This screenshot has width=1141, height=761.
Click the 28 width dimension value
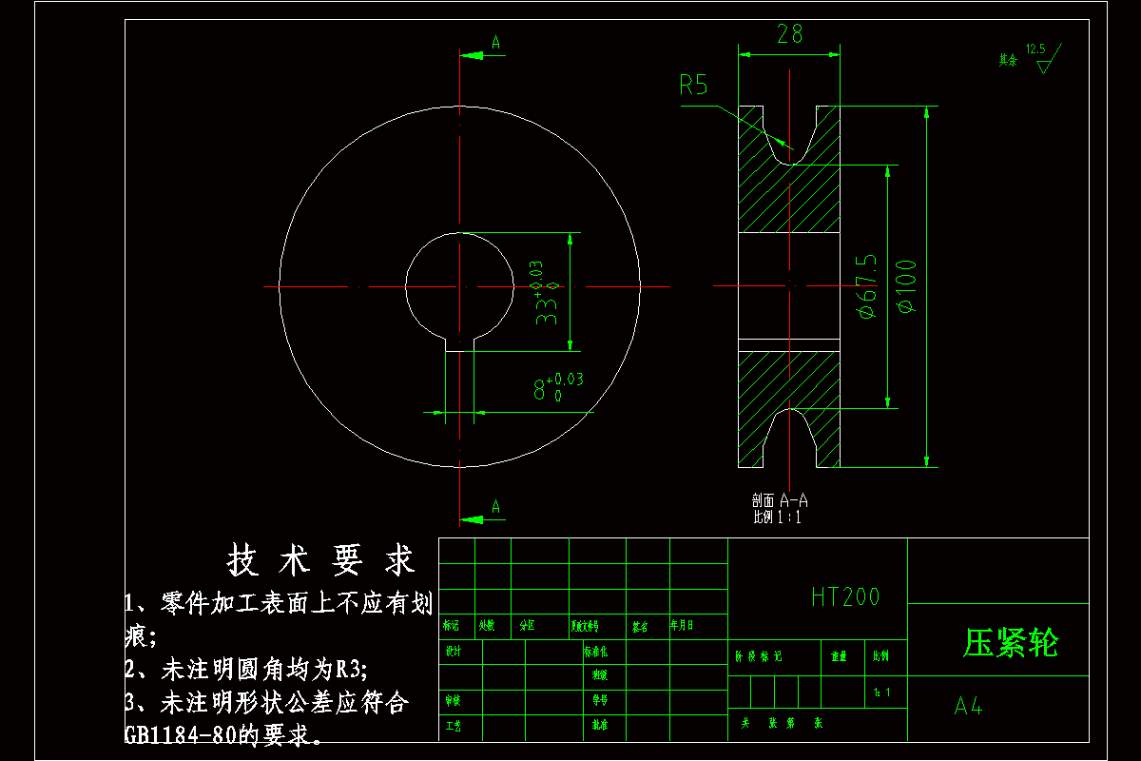[790, 34]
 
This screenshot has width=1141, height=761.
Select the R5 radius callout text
[693, 86]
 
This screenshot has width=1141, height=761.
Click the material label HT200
[845, 597]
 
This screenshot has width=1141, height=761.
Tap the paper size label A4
[969, 707]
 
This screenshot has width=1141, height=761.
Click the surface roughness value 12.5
[1035, 48]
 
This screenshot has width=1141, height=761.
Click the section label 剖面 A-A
[779, 499]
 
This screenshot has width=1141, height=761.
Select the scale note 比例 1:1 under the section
[777, 517]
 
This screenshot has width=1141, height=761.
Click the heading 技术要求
[322, 561]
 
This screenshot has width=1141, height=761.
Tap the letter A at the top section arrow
[495, 42]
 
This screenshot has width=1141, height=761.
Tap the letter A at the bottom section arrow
[495, 507]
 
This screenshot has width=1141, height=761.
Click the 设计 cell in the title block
[454, 652]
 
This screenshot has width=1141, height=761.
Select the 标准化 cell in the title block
[595, 652]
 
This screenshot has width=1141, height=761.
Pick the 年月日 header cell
[682, 625]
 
